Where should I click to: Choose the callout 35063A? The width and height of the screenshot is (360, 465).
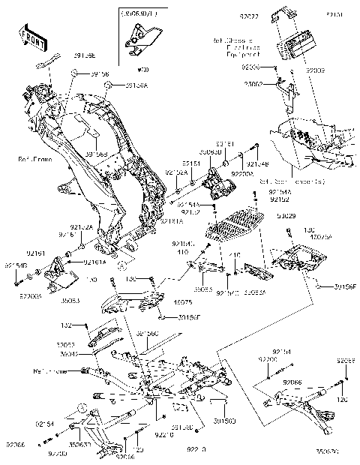[x=255, y=293]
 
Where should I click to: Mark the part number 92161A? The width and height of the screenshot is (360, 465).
[x=95, y=262]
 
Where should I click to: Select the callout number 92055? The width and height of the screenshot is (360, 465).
[x=345, y=360]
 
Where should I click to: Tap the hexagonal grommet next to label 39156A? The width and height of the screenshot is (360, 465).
[x=109, y=86]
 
